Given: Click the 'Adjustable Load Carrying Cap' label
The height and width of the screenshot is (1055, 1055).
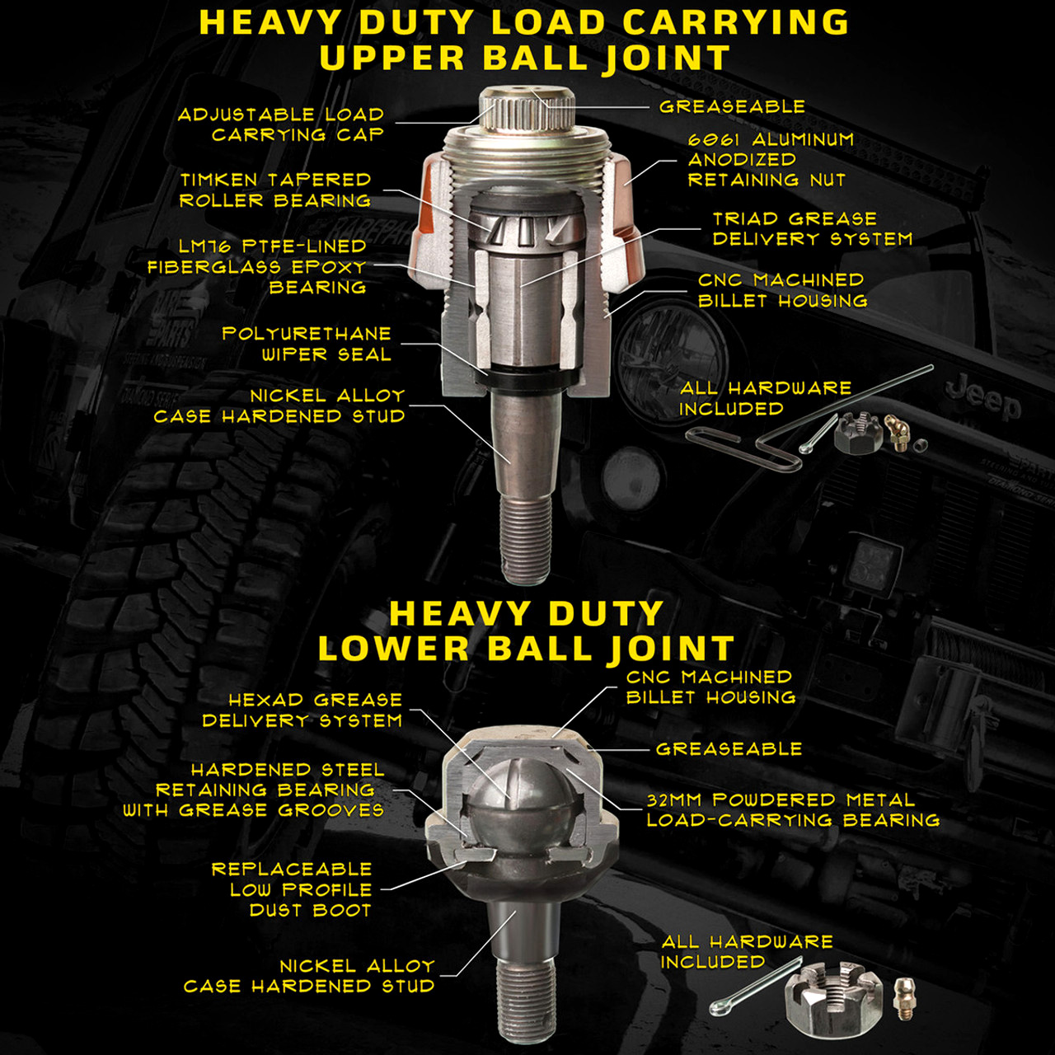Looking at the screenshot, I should [x=281, y=124].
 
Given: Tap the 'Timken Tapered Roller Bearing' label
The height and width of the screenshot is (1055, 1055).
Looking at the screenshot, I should [x=275, y=190].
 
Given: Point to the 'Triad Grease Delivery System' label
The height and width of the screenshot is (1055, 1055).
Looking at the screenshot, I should [x=812, y=228].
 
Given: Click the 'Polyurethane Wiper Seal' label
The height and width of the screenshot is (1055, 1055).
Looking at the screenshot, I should [x=307, y=344].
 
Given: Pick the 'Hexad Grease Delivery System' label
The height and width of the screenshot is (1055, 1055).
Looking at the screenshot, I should [x=302, y=710].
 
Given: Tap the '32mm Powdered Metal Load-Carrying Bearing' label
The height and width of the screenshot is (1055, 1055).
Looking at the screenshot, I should [x=792, y=809].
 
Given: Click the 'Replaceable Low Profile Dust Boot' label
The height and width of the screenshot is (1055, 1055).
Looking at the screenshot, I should [x=293, y=889].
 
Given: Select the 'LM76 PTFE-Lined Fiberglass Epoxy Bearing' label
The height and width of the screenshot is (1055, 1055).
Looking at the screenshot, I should [x=257, y=266].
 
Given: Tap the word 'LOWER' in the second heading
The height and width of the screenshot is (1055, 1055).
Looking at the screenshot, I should [x=393, y=649].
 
